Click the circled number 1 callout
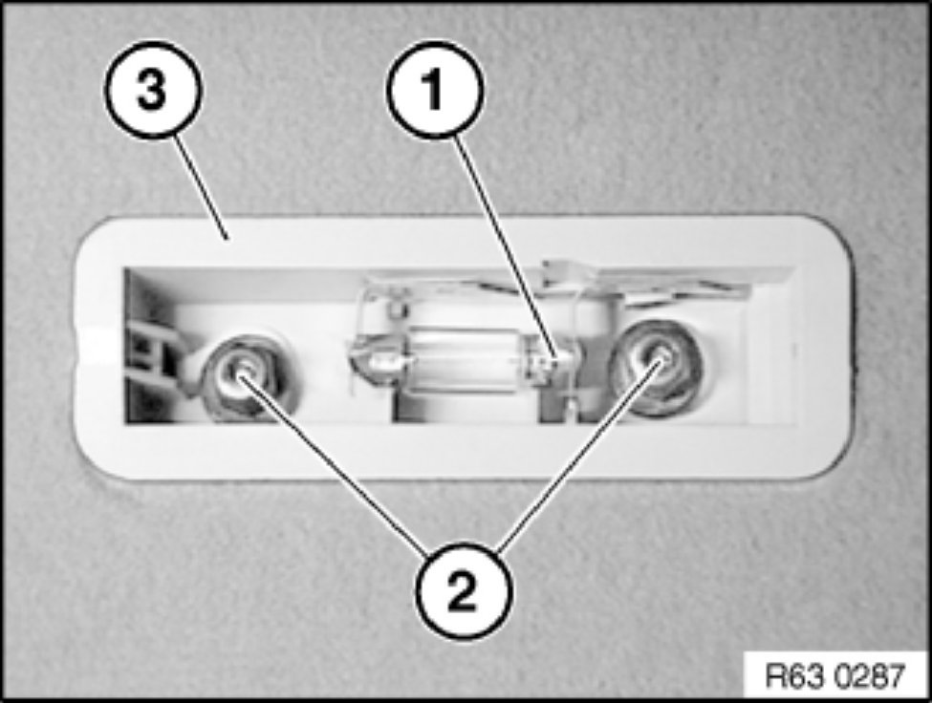(436, 89)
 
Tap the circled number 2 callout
(463, 591)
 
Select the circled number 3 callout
(153, 90)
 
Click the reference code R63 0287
(834, 675)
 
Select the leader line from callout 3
(201, 187)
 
